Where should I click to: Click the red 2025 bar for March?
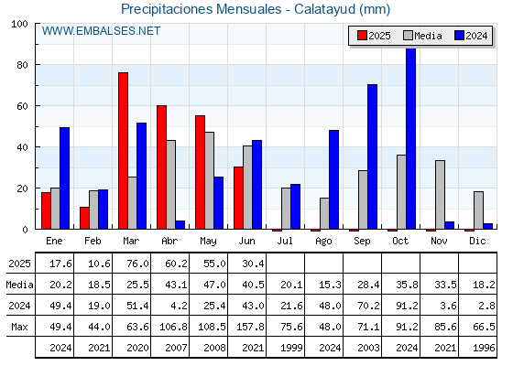point(124,151)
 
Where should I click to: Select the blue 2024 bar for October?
point(411,138)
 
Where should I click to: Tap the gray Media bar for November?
point(440,195)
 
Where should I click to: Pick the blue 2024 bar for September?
point(372,156)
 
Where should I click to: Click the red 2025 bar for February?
point(84,218)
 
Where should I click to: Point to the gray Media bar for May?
point(210,181)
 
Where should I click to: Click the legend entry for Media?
point(422,36)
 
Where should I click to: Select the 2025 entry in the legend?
point(375,36)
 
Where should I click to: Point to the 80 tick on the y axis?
point(22,65)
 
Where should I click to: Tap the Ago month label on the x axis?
point(323,242)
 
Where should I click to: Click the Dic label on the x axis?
point(477,241)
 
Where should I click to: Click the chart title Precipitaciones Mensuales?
point(201,9)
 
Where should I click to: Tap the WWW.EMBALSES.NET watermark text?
point(101,31)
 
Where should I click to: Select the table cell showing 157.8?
point(250,327)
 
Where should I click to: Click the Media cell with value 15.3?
point(330,285)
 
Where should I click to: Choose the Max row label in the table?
point(19,327)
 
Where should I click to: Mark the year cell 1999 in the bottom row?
point(291,348)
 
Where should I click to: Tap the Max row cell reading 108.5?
point(212,327)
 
